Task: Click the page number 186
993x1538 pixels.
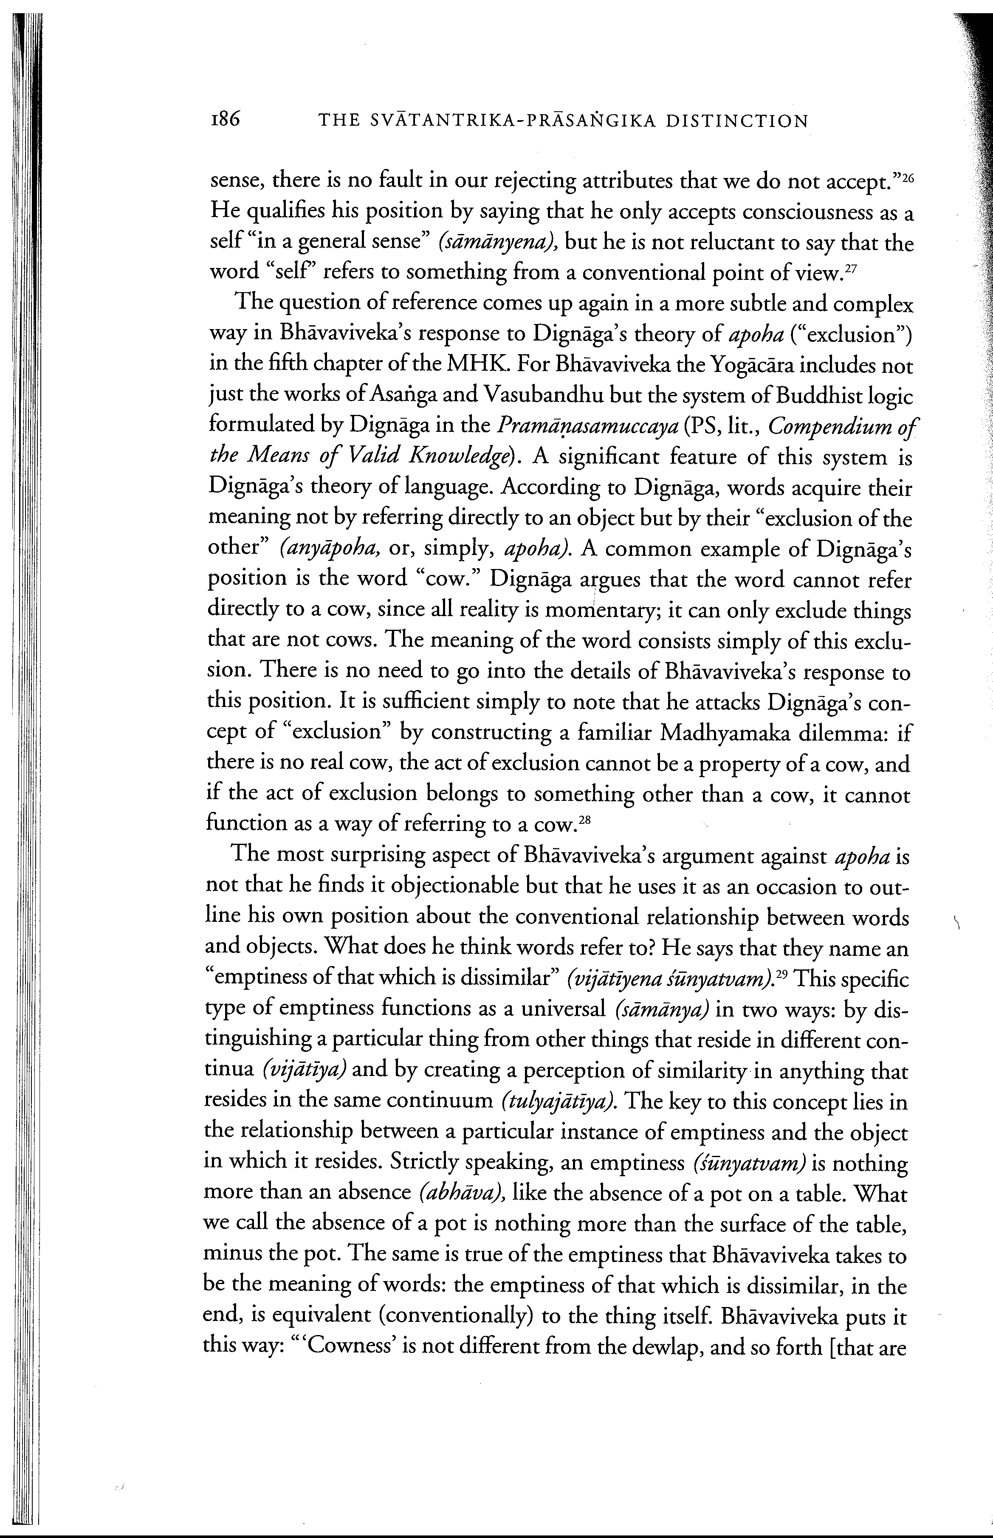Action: tap(223, 120)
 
